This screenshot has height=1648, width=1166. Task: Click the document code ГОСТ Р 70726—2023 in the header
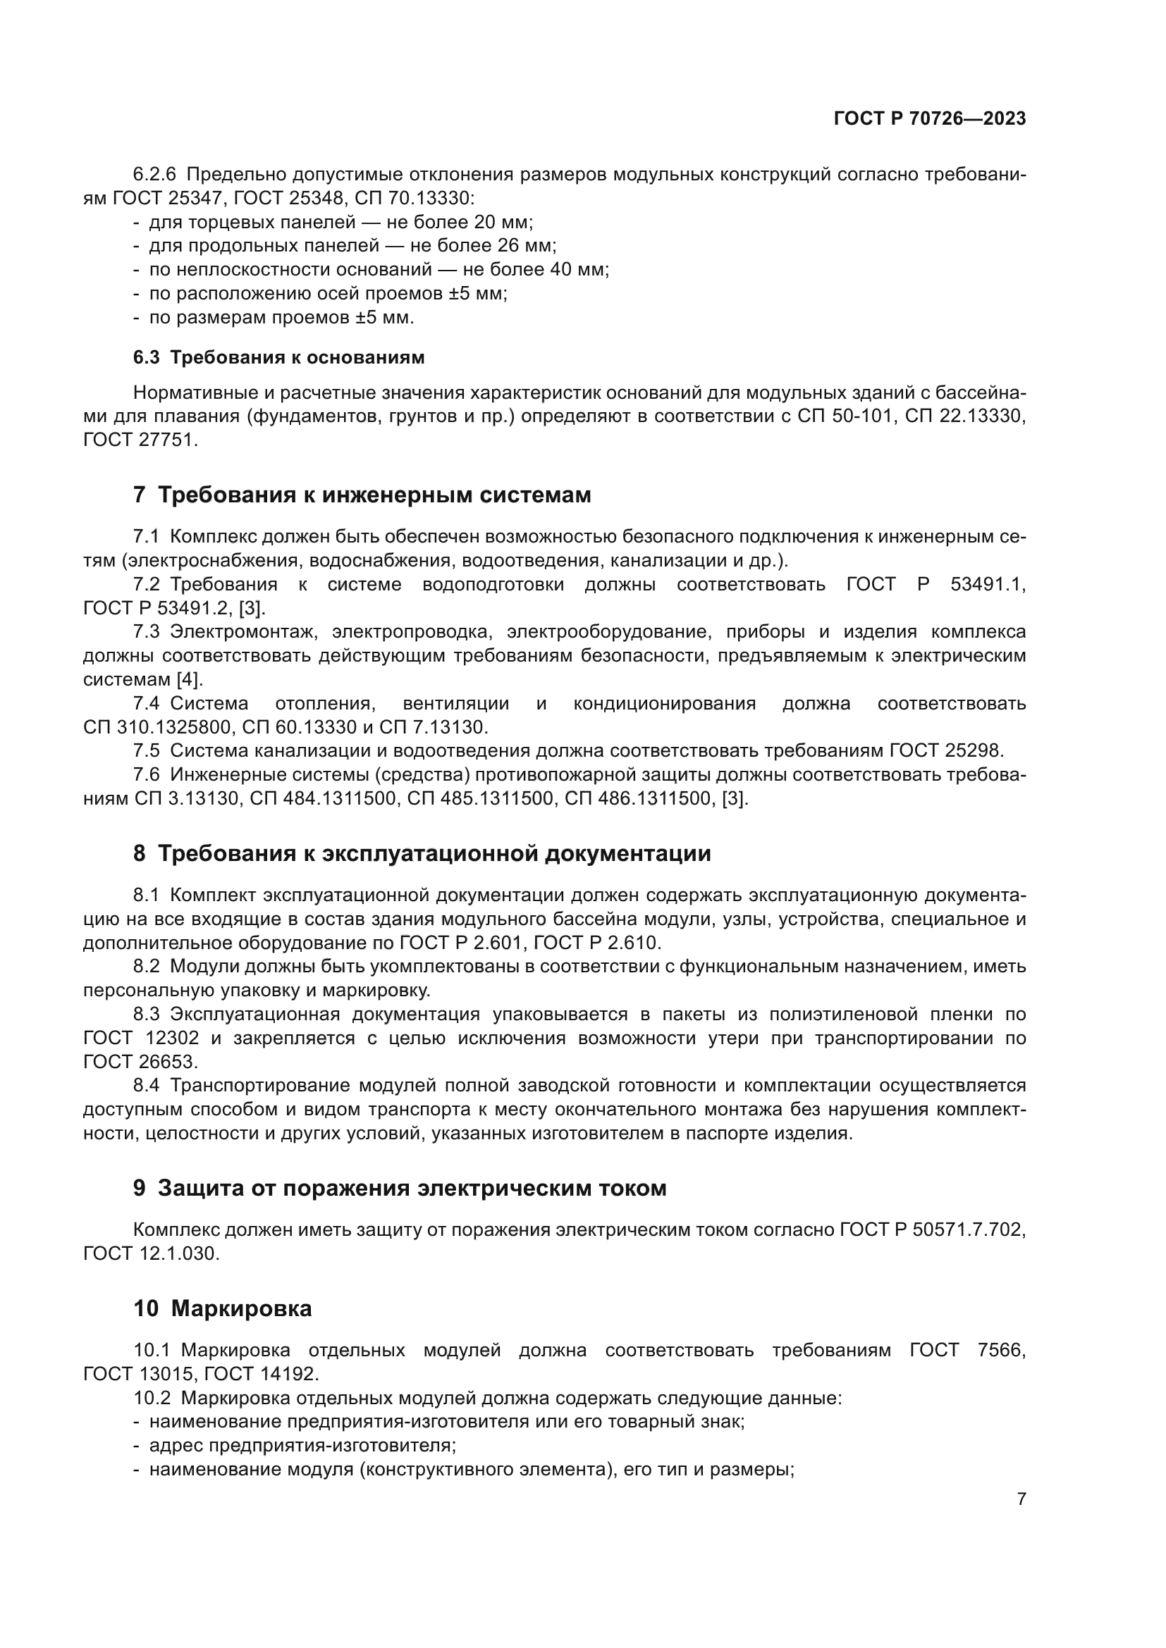pos(929,119)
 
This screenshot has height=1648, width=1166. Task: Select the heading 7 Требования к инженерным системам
pos(362,495)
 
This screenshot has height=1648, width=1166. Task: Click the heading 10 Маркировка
pos(223,1308)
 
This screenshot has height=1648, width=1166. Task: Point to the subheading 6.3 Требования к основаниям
pos(278,357)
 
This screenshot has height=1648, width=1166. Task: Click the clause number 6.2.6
pos(154,175)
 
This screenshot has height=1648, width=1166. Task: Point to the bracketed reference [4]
pos(190,679)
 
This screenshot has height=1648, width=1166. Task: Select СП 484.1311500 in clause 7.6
pos(323,798)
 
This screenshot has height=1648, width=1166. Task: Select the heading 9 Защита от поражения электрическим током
pos(399,1188)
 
